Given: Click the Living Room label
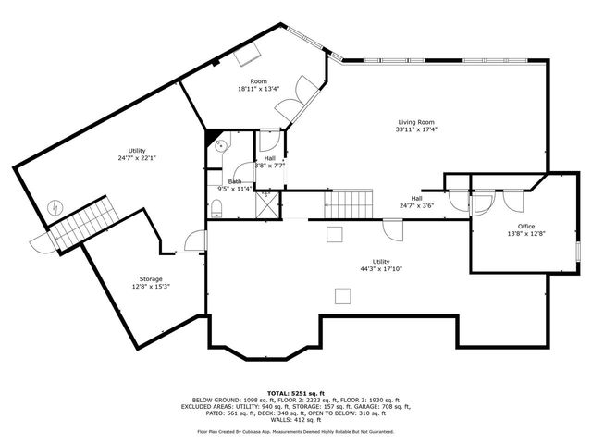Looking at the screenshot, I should click(416, 122).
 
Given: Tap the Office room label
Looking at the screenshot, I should click(525, 227).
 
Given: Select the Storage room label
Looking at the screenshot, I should click(151, 278).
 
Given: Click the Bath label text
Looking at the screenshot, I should click(235, 181).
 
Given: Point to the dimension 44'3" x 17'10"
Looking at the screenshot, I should click(381, 269).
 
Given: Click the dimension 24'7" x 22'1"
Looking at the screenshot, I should click(137, 158).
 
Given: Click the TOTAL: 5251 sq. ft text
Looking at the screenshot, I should click(295, 393).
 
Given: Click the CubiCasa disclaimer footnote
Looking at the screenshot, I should click(295, 431).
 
